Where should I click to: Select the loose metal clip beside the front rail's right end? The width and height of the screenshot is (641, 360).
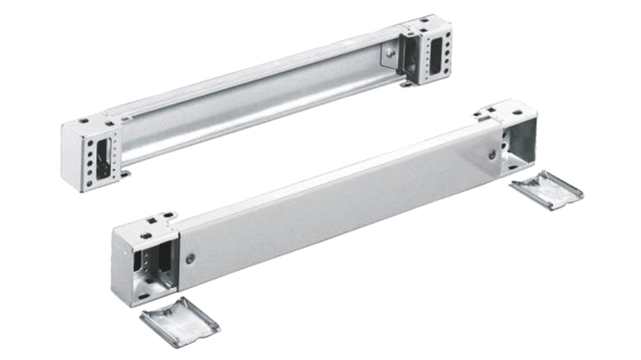[x=546, y=189]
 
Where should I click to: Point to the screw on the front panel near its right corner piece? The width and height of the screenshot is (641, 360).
[x=492, y=155]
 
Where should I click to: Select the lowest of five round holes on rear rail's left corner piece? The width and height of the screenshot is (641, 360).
[x=90, y=183]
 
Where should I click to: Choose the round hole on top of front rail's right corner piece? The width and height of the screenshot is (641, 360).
[x=516, y=112]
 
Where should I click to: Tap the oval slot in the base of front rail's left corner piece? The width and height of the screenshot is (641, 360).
[x=144, y=296]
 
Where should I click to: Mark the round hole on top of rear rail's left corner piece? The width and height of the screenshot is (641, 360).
[x=84, y=121]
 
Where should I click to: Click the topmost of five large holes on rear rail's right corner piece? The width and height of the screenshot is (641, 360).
[x=448, y=34]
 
